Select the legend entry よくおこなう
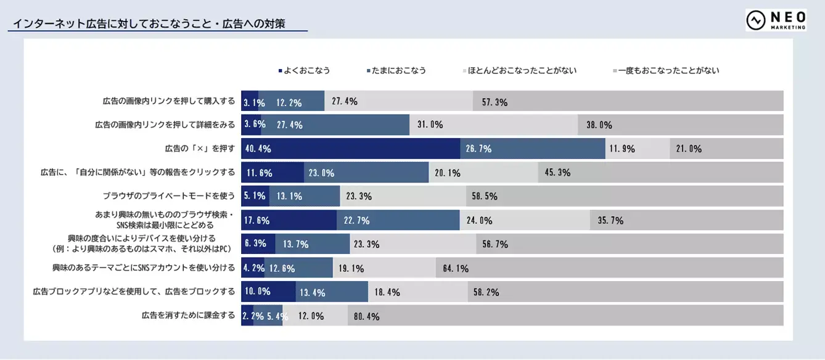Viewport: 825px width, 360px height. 304,70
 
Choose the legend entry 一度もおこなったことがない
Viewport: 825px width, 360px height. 666,70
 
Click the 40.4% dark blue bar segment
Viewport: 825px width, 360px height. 350,149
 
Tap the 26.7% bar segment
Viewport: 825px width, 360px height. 532,149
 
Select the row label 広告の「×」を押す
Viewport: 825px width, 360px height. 200,149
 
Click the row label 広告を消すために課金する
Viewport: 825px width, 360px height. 188,316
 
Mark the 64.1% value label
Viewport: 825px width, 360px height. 456,268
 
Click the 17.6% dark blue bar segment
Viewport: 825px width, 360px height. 289,220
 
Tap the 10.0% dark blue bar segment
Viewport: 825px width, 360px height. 268,292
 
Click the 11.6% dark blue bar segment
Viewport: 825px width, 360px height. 272,173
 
